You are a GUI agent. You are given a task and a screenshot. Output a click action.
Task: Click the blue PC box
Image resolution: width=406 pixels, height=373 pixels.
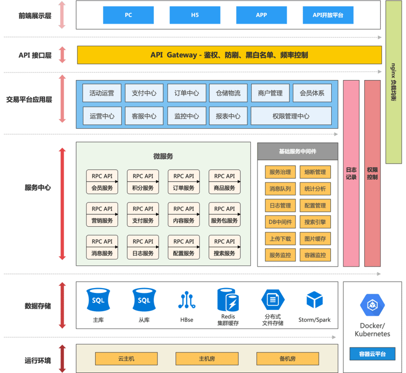point(128,15)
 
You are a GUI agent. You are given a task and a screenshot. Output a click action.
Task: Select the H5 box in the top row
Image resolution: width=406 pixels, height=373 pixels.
point(195,15)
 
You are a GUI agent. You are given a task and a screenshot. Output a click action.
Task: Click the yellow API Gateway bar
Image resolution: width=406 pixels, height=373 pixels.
point(229,55)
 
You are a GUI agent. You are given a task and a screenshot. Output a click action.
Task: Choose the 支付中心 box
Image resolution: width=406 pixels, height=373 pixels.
point(144,93)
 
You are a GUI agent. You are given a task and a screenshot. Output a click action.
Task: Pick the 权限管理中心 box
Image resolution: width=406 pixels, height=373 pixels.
point(291,116)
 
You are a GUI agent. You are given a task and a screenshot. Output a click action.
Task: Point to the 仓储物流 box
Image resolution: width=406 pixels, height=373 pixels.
point(228,93)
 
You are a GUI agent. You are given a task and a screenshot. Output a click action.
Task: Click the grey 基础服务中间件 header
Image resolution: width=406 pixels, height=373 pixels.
point(298,152)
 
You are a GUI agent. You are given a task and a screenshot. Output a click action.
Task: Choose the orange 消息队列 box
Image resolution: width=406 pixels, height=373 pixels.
point(280,188)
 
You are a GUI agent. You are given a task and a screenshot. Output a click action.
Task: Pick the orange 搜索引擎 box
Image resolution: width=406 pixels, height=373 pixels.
point(315,222)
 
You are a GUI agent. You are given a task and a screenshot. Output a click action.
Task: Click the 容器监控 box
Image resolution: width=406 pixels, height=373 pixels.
point(315,255)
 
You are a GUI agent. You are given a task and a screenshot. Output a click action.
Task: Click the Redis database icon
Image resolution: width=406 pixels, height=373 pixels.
point(228,300)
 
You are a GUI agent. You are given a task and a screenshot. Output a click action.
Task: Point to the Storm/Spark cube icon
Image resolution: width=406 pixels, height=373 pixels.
point(315,300)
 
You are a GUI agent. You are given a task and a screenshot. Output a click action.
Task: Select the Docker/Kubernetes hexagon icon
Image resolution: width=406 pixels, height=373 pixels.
point(372,305)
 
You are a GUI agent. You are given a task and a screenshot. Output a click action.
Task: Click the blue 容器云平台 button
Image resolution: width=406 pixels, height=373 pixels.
point(372,354)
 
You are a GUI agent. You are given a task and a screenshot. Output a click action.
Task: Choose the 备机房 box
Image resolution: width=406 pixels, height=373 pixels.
point(288,359)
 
